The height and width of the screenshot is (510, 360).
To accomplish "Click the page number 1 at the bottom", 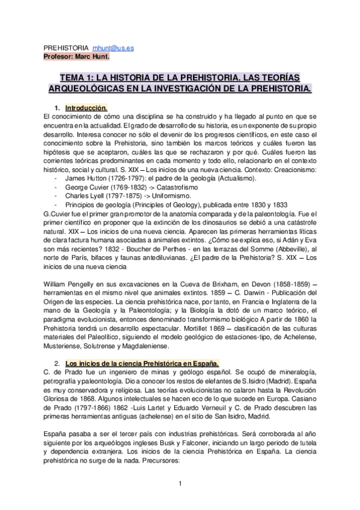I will pos(180,482).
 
